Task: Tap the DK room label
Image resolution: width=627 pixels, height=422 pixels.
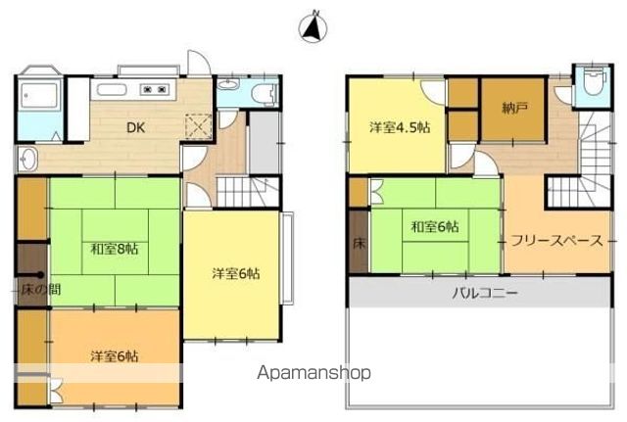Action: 135,128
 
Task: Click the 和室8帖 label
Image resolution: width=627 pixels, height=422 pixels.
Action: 115,250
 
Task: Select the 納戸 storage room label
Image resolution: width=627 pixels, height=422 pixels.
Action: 514,109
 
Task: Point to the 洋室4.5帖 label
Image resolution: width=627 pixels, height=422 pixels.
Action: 400,128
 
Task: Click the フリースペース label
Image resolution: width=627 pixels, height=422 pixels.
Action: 556,241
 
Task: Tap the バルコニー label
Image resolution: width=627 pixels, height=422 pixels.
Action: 485,293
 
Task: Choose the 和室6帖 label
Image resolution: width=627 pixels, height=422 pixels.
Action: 435,226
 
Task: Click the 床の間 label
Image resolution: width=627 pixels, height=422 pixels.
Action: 41,289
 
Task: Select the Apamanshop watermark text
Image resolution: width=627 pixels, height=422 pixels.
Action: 313,373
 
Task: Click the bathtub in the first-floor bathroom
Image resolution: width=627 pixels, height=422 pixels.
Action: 39,96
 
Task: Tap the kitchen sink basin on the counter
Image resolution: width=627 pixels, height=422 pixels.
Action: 112,90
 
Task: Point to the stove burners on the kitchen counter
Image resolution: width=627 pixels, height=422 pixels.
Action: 153,90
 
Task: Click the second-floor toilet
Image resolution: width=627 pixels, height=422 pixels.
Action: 592,82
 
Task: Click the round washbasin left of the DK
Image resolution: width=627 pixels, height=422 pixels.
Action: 28,159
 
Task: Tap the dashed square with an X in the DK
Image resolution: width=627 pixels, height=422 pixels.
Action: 198,126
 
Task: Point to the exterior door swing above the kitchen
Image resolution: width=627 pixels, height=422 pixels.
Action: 198,63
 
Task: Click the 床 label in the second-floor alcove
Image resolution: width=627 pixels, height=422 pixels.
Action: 359,244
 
